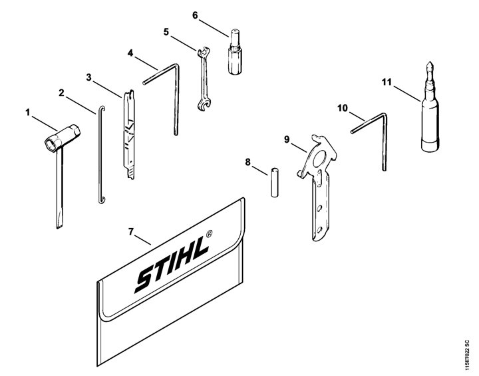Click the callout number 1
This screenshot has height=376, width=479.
tap(28, 113)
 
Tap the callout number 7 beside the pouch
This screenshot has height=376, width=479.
tap(131, 232)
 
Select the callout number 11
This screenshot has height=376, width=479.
tap(387, 83)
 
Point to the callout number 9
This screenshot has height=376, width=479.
tap(287, 139)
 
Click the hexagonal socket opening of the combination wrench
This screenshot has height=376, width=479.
tap(51, 144)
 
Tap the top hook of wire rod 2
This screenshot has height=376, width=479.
tap(102, 109)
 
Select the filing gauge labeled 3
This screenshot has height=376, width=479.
tap(129, 135)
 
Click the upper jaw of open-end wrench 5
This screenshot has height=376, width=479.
tap(203, 52)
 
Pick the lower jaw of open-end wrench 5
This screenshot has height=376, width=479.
tap(204, 105)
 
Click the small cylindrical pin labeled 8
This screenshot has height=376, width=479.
tap(275, 183)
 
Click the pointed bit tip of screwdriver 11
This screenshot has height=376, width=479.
tap(430, 65)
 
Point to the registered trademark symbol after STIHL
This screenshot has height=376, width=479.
tap(209, 234)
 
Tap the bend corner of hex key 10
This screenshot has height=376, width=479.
tap(384, 115)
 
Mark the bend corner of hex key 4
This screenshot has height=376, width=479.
tap(176, 65)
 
